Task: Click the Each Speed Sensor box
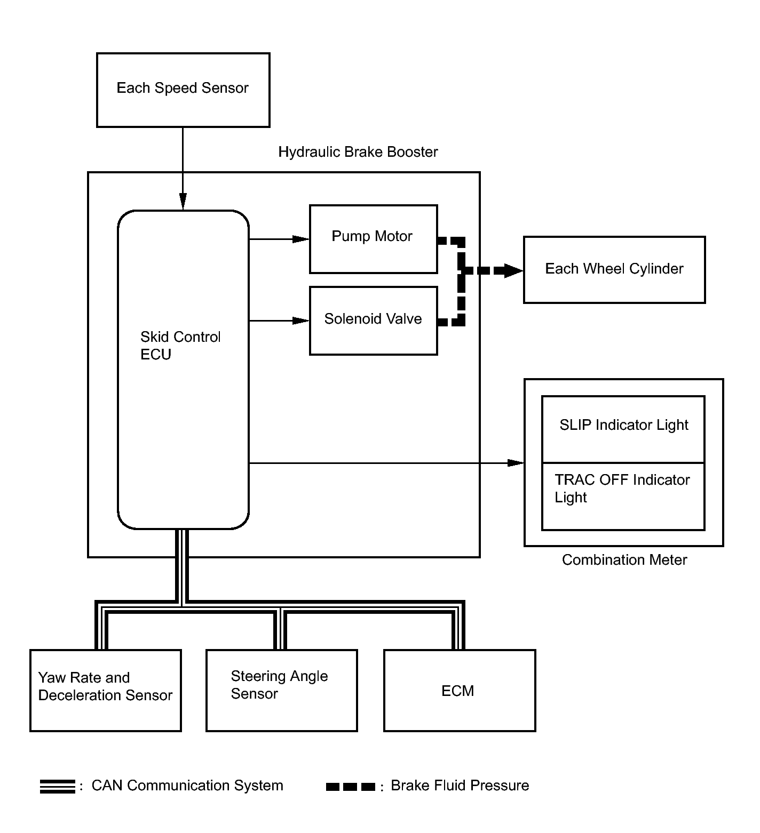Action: point(183,90)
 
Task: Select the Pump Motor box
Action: point(374,239)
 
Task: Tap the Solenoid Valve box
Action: point(374,321)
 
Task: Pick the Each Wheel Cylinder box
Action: point(614,270)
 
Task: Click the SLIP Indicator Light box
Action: point(623,429)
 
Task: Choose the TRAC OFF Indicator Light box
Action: point(623,496)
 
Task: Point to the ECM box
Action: point(460,691)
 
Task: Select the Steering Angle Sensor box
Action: point(282,691)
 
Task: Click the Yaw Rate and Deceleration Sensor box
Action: point(106,691)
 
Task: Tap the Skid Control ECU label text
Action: point(180,346)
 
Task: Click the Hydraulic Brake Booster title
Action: point(358,152)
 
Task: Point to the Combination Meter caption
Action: point(624,560)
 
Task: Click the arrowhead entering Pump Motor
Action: point(301,239)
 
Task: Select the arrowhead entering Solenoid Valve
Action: point(301,321)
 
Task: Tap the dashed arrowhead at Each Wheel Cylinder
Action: point(513,270)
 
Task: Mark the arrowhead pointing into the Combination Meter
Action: point(516,463)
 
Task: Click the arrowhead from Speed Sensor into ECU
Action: point(183,202)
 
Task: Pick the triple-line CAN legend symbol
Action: point(58,787)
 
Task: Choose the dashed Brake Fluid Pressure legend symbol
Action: point(351,787)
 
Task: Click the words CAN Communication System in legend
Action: point(187,786)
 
